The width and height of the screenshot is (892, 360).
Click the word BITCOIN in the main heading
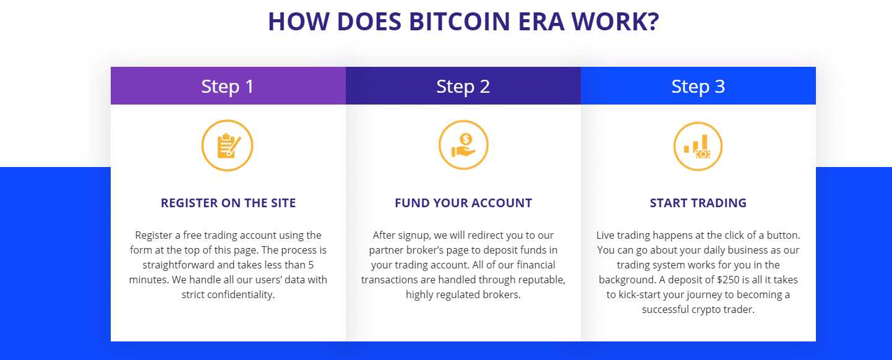(460, 22)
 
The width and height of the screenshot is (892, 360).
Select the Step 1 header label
(228, 87)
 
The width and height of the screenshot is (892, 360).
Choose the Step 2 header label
(463, 87)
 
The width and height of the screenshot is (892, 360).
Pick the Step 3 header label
(698, 87)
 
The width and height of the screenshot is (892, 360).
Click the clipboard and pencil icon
(228, 145)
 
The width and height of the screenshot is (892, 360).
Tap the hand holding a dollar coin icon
(463, 145)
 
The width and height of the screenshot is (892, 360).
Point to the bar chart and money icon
(698, 146)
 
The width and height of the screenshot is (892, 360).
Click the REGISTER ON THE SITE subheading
(228, 203)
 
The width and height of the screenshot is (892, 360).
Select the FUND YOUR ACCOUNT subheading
(463, 203)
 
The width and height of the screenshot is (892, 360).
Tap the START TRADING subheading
(698, 203)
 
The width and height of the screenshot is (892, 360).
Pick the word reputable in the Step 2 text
(542, 280)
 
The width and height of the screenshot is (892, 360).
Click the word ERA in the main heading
(541, 22)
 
